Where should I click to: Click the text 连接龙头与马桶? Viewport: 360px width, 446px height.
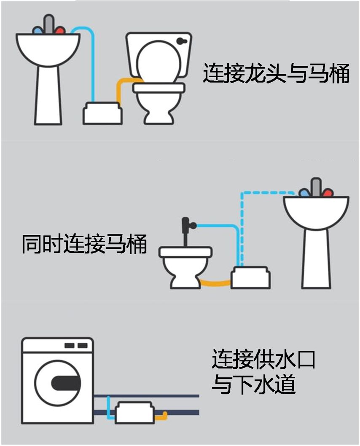[276, 73]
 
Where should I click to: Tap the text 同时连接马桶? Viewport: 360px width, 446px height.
[84, 244]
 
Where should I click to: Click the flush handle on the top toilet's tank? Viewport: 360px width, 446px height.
[182, 41]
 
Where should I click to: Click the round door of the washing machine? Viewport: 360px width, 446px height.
[57, 382]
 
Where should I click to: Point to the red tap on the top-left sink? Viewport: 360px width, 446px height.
[60, 31]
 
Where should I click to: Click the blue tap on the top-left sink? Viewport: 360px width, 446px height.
[38, 31]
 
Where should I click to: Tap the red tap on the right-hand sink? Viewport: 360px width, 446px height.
[328, 193]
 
